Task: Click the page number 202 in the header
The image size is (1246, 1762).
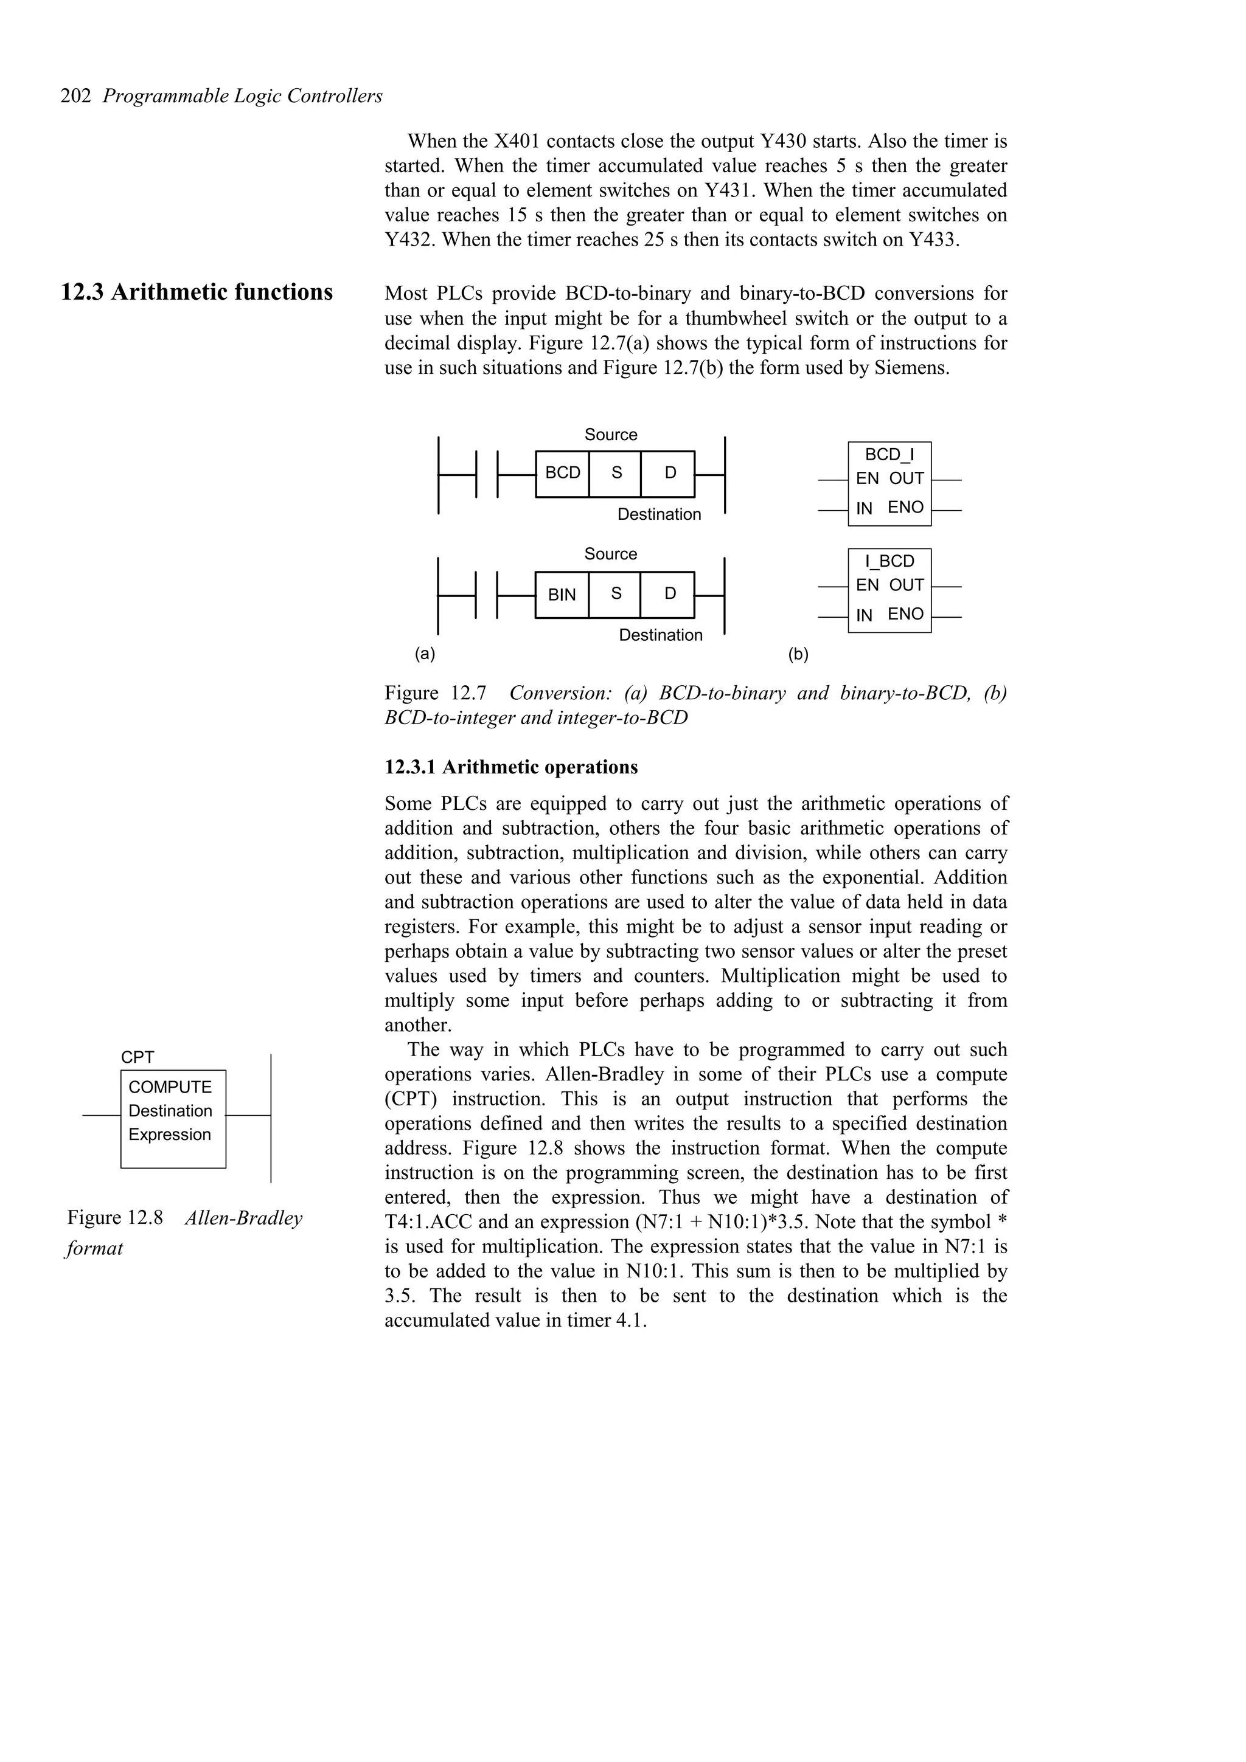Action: pyautogui.click(x=76, y=96)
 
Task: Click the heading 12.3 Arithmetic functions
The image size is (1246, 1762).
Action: pyautogui.click(x=197, y=292)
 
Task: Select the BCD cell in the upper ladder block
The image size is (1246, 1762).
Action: pyautogui.click(x=562, y=473)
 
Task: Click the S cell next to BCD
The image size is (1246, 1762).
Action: pyautogui.click(x=616, y=473)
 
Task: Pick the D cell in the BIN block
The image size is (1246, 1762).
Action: pyautogui.click(x=669, y=593)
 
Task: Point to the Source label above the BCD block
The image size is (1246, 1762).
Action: pyautogui.click(x=610, y=434)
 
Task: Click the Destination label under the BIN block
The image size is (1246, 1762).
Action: pyautogui.click(x=660, y=635)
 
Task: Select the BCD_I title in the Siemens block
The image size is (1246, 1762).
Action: pyautogui.click(x=889, y=454)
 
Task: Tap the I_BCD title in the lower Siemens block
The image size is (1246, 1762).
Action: pyautogui.click(x=889, y=561)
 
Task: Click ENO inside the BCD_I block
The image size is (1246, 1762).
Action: pyautogui.click(x=905, y=507)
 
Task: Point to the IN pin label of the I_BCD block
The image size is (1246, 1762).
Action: pyautogui.click(x=864, y=615)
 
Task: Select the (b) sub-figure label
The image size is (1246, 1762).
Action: pyautogui.click(x=798, y=655)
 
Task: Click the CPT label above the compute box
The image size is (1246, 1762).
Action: pyautogui.click(x=137, y=1057)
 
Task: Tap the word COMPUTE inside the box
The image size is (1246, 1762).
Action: pyautogui.click(x=170, y=1087)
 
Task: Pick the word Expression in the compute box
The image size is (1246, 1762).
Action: pyautogui.click(x=169, y=1135)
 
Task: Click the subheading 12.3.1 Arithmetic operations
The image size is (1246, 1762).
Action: pyautogui.click(x=510, y=767)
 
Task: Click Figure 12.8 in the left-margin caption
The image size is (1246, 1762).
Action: pyautogui.click(x=115, y=1217)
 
